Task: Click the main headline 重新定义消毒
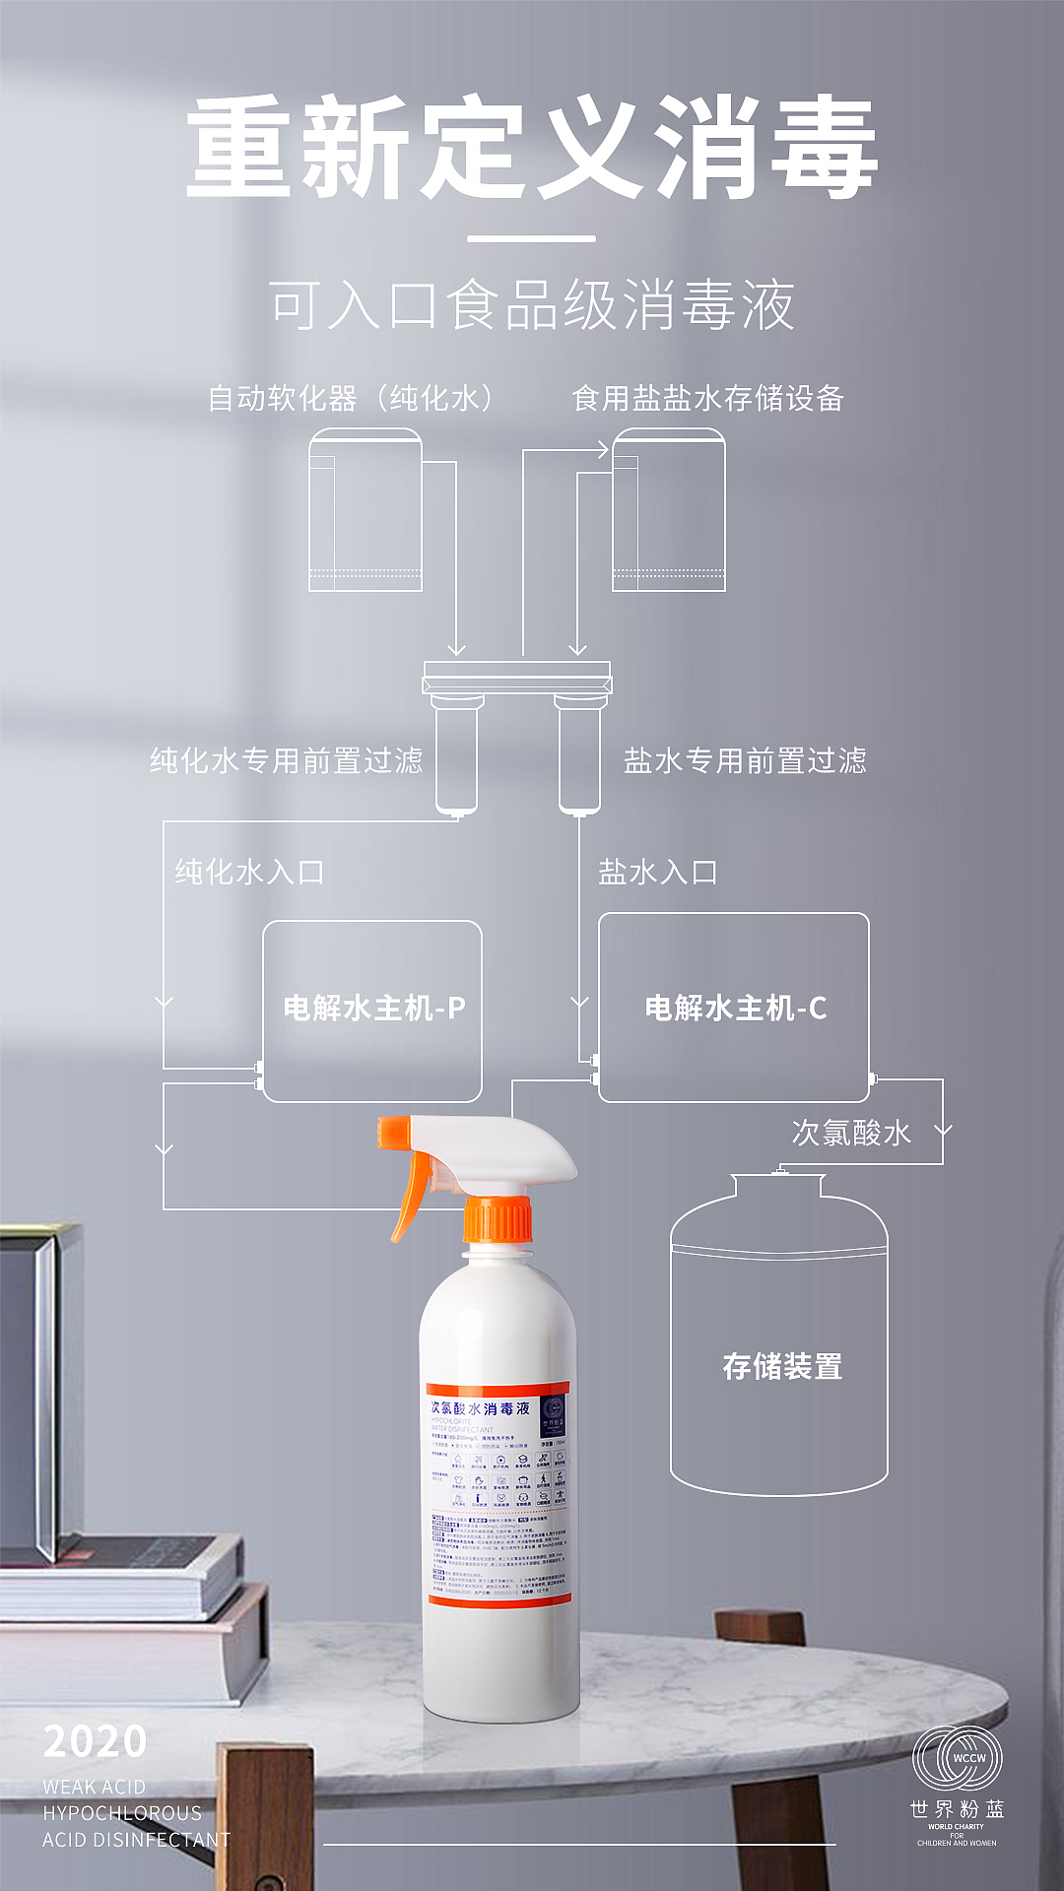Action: pyautogui.click(x=532, y=148)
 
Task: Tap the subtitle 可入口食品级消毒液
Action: pyautogui.click(x=532, y=305)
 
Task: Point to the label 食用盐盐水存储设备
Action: pyautogui.click(x=707, y=398)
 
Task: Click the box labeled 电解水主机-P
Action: pyautogui.click(x=372, y=1011)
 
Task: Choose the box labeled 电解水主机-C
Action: pyautogui.click(x=734, y=1007)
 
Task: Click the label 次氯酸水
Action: pyautogui.click(x=851, y=1133)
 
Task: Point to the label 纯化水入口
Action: pyautogui.click(x=249, y=872)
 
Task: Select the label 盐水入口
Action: pyautogui.click(x=657, y=872)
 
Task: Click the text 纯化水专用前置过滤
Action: pyautogui.click(x=286, y=760)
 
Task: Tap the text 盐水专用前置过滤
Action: pyautogui.click(x=745, y=760)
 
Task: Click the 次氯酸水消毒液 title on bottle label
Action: pyautogui.click(x=481, y=1408)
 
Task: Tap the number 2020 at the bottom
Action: pyautogui.click(x=96, y=1741)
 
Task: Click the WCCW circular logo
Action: pyautogui.click(x=957, y=1758)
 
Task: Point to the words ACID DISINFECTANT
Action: pyautogui.click(x=136, y=1840)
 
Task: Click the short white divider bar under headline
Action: pyautogui.click(x=531, y=238)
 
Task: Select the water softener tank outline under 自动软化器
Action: pyautogui.click(x=366, y=512)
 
